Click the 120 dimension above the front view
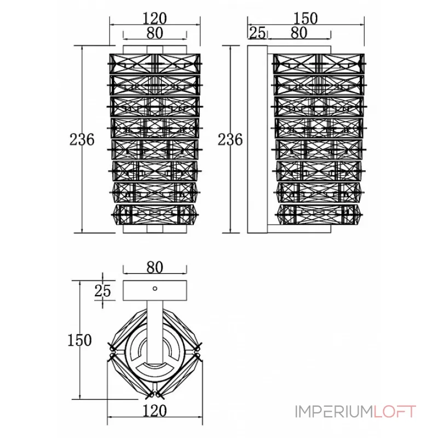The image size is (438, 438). click(x=154, y=19)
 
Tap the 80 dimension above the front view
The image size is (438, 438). click(x=155, y=33)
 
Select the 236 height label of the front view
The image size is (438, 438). click(x=82, y=140)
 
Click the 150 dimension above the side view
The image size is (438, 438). click(x=306, y=19)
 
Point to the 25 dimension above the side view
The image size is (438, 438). click(x=257, y=33)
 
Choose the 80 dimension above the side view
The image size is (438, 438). click(x=299, y=33)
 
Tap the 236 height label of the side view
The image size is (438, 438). click(x=230, y=140)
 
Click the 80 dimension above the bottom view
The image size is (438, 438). click(x=155, y=267)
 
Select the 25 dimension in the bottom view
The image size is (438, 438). click(x=102, y=291)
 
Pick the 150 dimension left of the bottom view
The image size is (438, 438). click(x=79, y=340)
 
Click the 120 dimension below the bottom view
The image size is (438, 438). click(x=154, y=411)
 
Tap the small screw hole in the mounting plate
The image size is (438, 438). click(x=155, y=289)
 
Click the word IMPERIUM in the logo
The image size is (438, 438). click(x=334, y=412)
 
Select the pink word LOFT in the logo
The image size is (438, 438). click(x=395, y=412)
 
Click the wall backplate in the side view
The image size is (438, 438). click(x=257, y=140)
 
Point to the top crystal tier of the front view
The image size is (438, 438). click(x=155, y=64)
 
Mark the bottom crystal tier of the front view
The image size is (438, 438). click(x=155, y=215)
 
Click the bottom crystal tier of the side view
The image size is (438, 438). click(x=319, y=215)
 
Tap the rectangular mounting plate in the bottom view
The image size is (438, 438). click(x=155, y=291)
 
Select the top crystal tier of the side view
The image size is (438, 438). click(x=319, y=64)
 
